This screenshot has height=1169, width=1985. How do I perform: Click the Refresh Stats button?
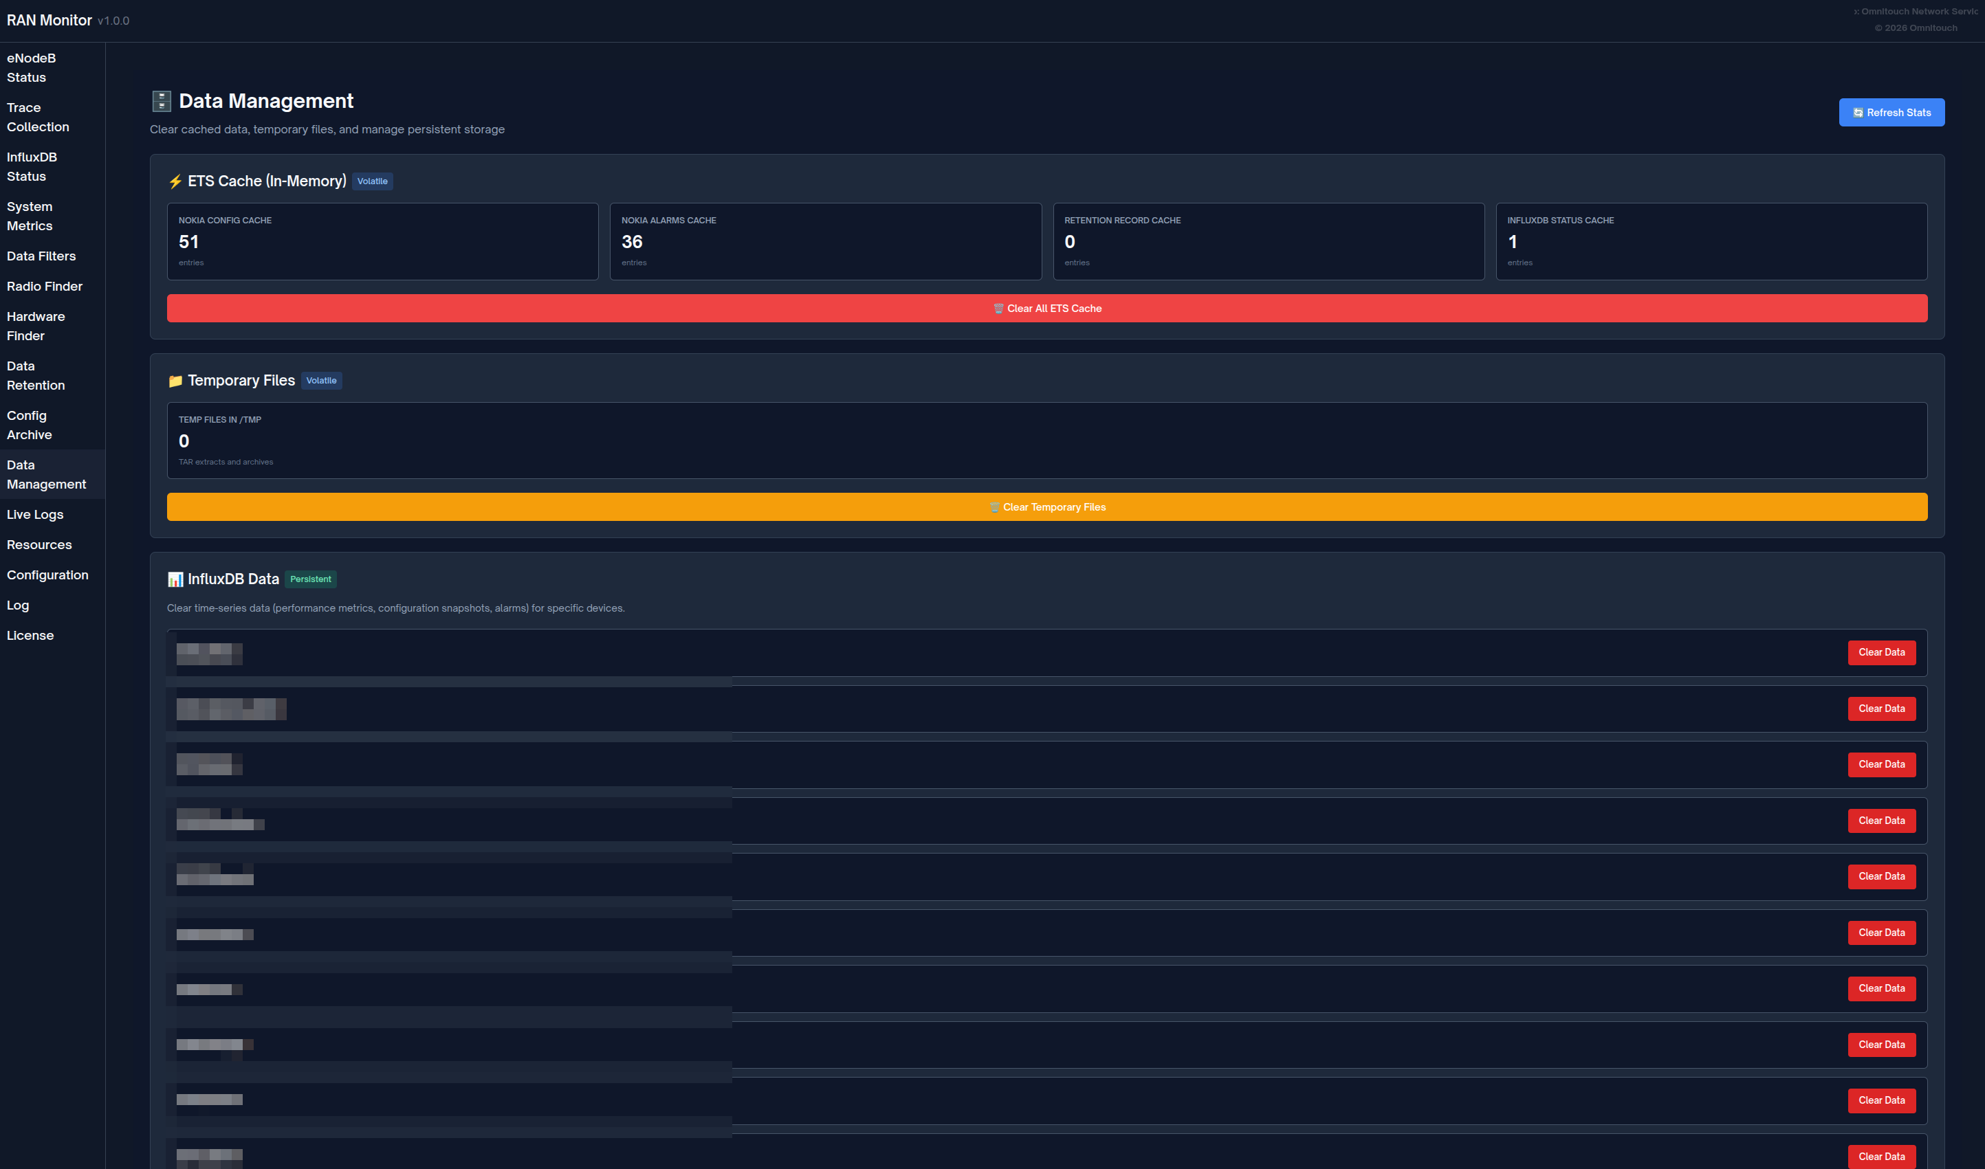[x=1891, y=113]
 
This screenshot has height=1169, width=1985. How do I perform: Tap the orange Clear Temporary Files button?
[x=1046, y=507]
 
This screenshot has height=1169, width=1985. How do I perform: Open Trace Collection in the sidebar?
[x=38, y=118]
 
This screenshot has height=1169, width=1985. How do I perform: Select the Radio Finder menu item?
[x=44, y=287]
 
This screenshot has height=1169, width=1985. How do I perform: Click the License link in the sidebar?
[x=30, y=636]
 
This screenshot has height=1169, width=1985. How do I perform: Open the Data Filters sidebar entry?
[x=41, y=257]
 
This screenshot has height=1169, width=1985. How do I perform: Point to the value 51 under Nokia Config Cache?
[x=188, y=242]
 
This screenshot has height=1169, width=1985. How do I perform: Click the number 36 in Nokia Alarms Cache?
[x=632, y=242]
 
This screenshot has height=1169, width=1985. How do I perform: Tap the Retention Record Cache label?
[x=1122, y=221]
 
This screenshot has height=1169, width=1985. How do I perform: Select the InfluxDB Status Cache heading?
[x=1560, y=221]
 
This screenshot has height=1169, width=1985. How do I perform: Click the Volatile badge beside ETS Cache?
[x=372, y=181]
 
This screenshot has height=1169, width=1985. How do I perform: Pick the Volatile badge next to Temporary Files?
[x=320, y=381]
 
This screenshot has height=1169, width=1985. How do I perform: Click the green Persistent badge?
[x=311, y=579]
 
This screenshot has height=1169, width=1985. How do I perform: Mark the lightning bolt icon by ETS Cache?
[x=175, y=181]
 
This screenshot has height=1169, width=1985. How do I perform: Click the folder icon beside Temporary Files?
[x=175, y=381]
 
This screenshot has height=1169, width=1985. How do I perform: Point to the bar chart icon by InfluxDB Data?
[x=175, y=580]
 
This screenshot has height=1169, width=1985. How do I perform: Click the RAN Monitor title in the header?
[x=49, y=21]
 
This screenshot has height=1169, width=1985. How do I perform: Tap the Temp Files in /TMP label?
[x=219, y=420]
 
